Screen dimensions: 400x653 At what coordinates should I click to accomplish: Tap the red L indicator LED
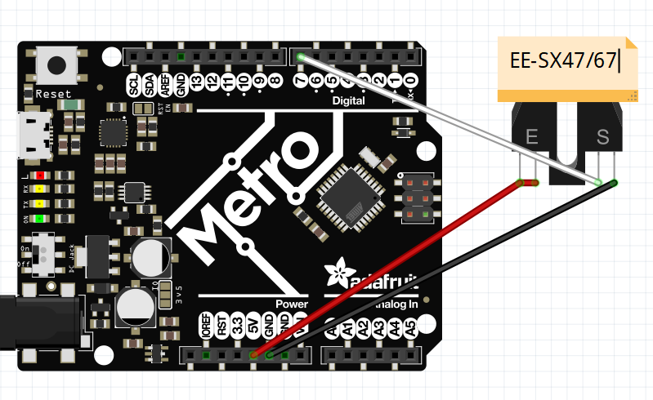tap(39, 176)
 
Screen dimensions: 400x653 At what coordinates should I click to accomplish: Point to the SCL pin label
tap(134, 83)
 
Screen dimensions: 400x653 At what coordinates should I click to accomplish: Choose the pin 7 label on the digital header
tap(301, 82)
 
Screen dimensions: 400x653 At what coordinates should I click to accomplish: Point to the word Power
tap(291, 304)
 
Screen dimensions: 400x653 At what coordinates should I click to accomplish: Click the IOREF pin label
tap(206, 329)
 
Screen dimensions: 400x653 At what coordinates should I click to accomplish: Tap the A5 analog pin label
tap(411, 329)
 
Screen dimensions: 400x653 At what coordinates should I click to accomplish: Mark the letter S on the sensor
tap(603, 136)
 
